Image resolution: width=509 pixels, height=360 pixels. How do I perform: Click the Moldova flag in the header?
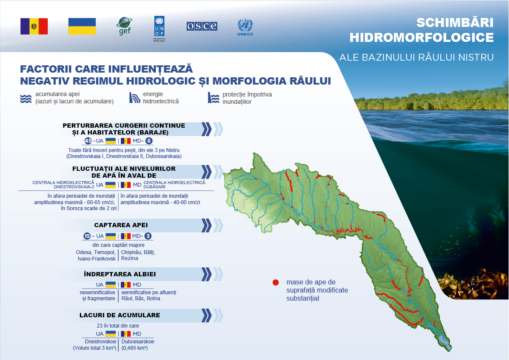(x=34, y=26)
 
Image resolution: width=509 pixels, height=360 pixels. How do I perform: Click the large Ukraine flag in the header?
(x=82, y=26)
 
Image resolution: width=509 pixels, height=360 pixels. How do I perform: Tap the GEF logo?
(x=124, y=26)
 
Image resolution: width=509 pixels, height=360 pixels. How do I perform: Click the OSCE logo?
(x=202, y=26)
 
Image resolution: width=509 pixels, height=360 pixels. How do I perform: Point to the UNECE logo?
(x=245, y=27)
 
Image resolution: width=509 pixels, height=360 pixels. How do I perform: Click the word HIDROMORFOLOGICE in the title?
(x=422, y=37)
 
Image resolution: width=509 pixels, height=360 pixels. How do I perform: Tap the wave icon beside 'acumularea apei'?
(x=26, y=99)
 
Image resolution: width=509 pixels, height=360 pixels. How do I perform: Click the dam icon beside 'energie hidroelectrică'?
(x=135, y=98)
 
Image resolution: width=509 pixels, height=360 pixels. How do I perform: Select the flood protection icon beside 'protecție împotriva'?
(x=214, y=98)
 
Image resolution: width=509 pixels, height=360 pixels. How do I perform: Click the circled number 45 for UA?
(x=88, y=141)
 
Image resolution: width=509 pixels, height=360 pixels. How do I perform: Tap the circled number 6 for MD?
(x=149, y=141)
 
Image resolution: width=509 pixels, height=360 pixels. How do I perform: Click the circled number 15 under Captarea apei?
(x=87, y=236)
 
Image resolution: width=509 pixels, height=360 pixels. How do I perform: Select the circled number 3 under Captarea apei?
(x=148, y=236)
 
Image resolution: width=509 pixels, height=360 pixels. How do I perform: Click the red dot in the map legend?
(x=275, y=282)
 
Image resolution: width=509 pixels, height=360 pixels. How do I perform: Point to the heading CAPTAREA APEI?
(x=121, y=225)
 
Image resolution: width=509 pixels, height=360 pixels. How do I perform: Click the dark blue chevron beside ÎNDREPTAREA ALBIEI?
(x=206, y=274)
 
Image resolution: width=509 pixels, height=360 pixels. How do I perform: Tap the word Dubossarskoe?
(x=137, y=342)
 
